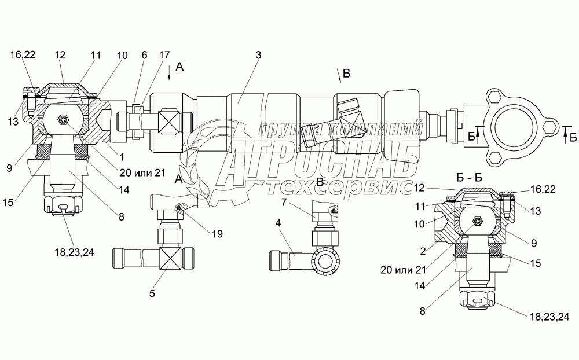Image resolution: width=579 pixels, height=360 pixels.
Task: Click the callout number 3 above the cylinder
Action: point(258,55)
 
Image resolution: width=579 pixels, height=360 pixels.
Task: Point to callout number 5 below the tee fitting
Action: point(152,293)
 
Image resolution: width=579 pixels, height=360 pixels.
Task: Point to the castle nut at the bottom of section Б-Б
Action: point(477,299)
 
